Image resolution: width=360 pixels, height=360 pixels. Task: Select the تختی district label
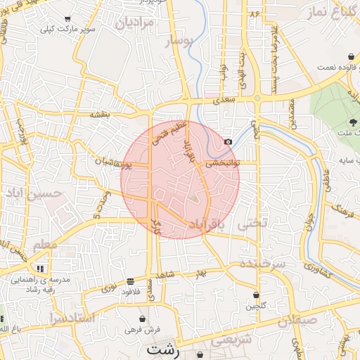(x=253, y=223)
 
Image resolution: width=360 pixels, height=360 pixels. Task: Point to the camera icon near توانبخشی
(x=228, y=142)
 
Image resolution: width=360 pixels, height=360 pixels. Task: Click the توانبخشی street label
(x=222, y=162)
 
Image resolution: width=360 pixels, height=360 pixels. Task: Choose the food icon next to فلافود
(x=131, y=279)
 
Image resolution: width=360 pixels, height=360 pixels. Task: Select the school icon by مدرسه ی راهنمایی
(x=41, y=268)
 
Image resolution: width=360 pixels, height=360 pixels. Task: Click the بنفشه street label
(x=98, y=114)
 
